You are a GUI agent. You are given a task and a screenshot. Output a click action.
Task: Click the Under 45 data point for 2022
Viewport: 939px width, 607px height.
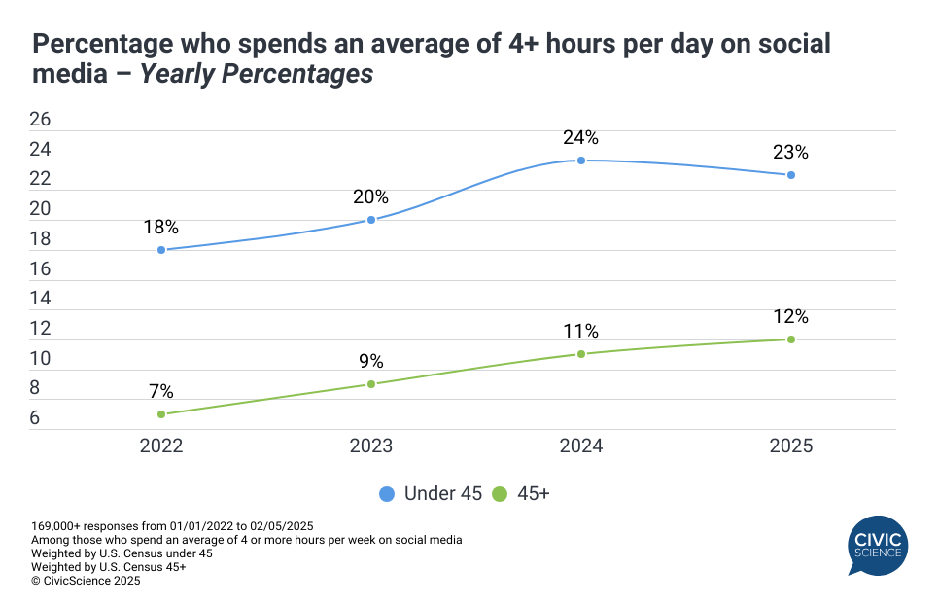point(161,250)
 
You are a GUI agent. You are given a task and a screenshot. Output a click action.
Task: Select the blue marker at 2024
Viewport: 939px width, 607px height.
point(581,161)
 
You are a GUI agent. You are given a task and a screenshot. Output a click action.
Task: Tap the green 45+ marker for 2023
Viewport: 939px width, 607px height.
point(371,384)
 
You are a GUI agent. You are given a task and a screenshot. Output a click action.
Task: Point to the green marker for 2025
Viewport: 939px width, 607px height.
point(791,339)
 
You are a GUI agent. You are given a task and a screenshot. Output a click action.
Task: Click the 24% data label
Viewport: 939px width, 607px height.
point(581,137)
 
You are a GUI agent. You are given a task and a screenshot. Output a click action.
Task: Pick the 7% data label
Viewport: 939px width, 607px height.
point(161,392)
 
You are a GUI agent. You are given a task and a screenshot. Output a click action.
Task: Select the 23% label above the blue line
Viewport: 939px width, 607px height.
point(791,152)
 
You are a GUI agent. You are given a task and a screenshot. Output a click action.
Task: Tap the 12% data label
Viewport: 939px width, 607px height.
point(791,316)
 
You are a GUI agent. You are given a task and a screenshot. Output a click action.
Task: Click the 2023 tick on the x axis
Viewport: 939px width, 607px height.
point(371,446)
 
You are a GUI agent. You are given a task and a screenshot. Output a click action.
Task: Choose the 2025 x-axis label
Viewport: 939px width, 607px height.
point(791,446)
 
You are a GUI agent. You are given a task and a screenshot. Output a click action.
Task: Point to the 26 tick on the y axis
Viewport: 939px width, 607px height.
point(40,120)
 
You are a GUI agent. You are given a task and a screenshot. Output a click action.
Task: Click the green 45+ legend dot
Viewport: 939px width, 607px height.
point(501,493)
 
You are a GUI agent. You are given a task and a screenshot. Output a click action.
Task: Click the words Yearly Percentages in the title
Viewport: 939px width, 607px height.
point(257,74)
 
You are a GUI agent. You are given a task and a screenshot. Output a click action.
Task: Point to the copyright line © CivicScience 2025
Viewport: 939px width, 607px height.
point(86,581)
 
